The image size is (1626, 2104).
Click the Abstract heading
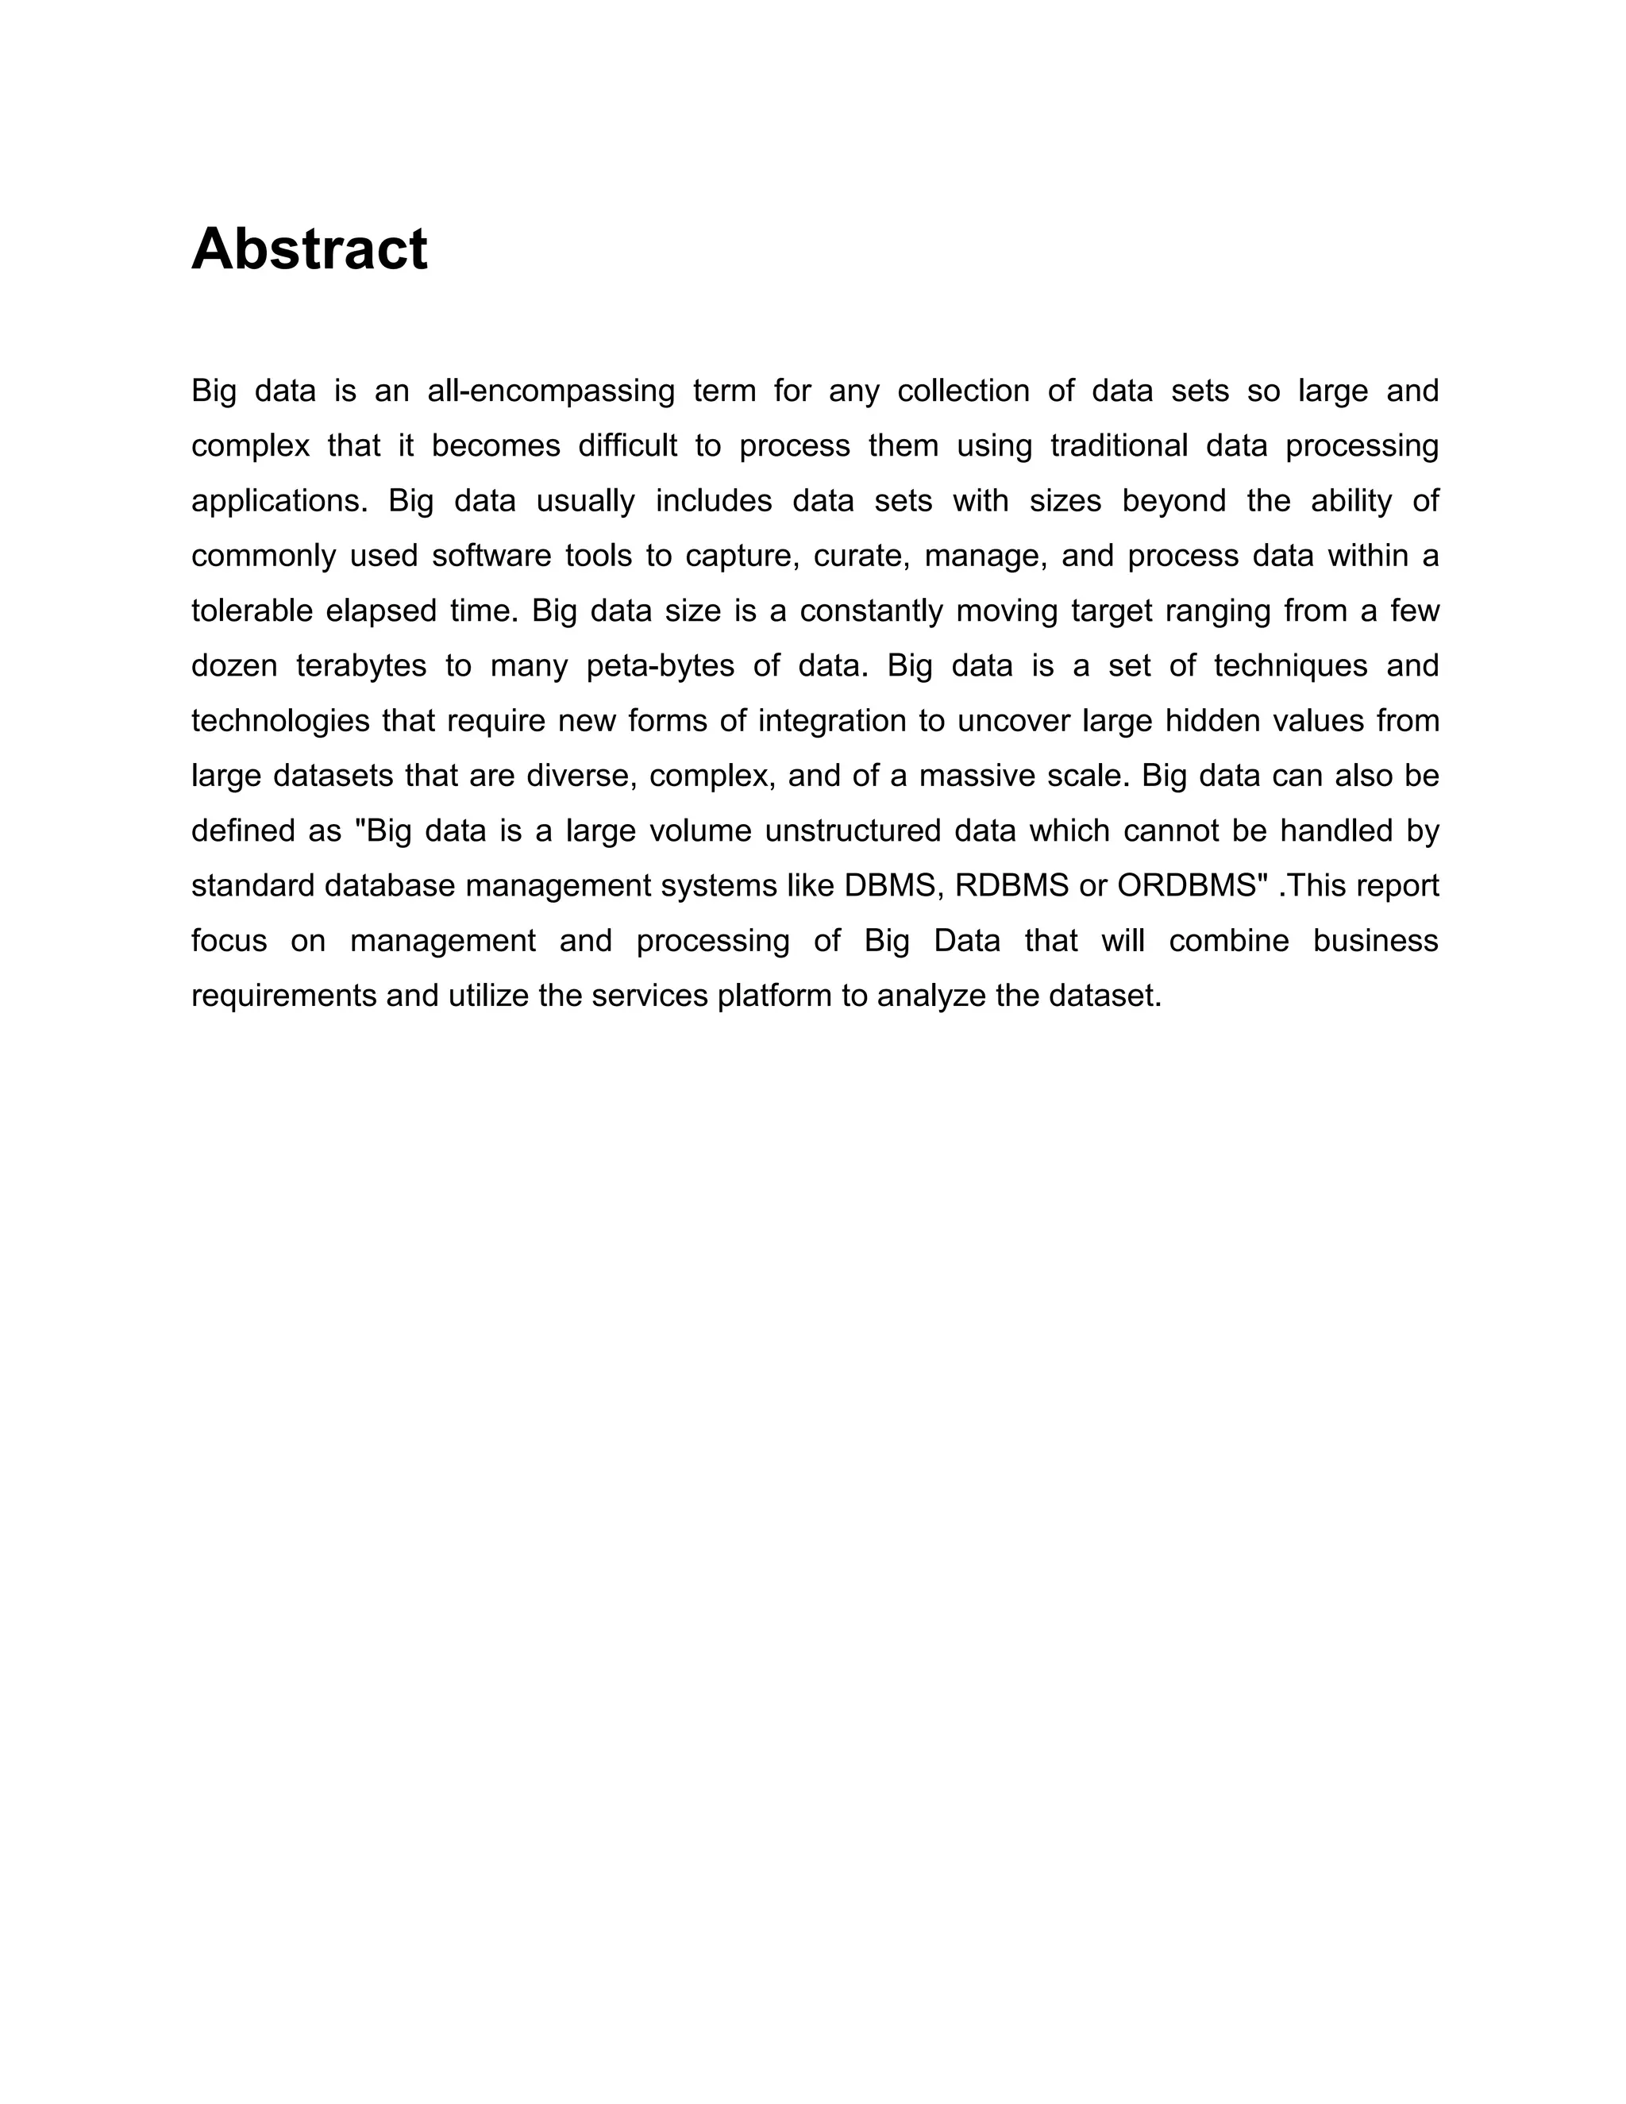tap(309, 249)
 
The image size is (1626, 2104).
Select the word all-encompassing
tap(551, 391)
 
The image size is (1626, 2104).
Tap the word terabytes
tap(361, 665)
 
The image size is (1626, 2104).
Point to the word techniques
tap(1291, 665)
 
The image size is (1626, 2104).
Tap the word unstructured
tap(852, 830)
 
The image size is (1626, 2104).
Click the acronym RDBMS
tap(1011, 885)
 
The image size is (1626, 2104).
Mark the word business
tap(1376, 940)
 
